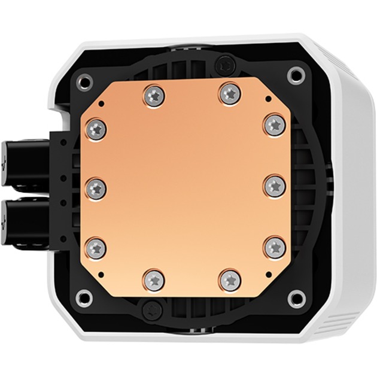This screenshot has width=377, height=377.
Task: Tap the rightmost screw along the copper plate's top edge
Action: (228, 93)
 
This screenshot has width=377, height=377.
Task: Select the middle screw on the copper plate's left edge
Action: (96, 187)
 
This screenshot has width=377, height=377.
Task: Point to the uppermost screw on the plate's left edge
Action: (96, 127)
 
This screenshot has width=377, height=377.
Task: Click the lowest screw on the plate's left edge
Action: (96, 247)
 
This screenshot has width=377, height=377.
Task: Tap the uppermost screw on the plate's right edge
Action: (274, 124)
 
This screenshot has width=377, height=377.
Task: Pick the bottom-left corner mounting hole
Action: (85, 296)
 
